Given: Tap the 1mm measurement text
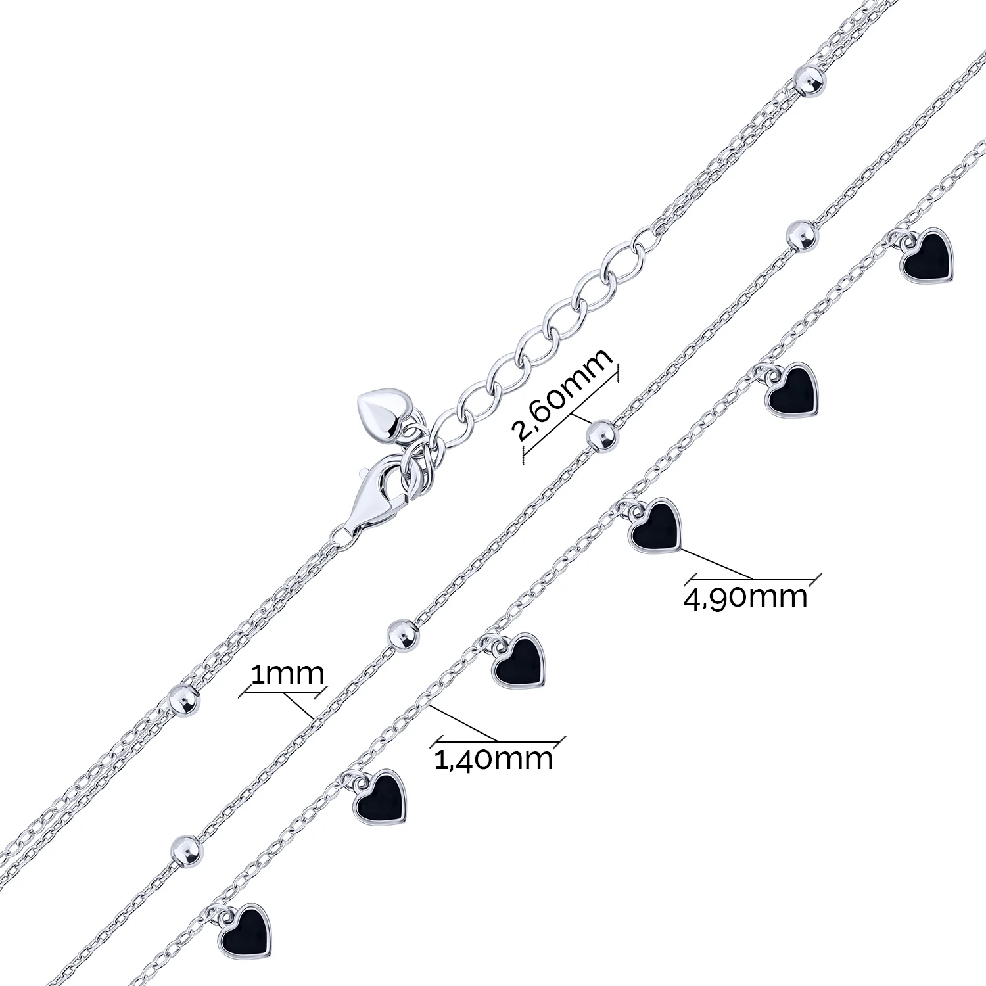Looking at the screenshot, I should point(287,674).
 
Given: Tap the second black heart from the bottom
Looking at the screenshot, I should point(380,797).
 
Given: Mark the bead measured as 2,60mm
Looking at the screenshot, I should point(601,436).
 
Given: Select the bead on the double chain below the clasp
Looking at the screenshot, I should point(183,699).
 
